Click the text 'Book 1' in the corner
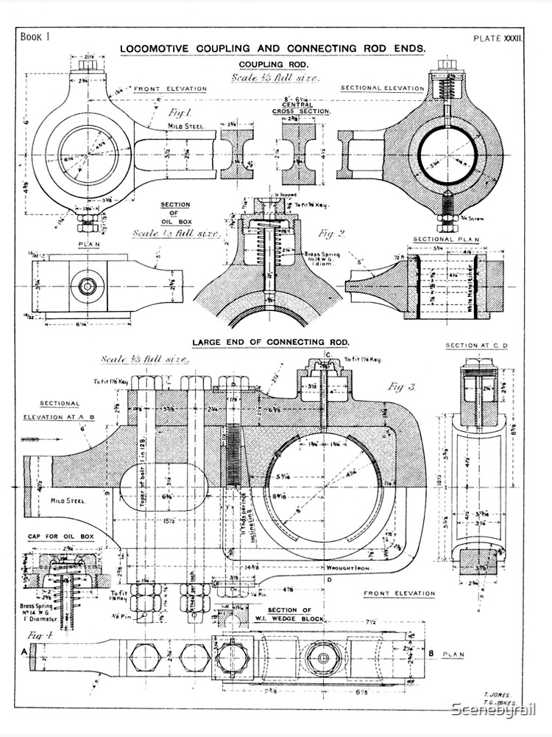tap(35, 36)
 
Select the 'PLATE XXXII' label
tap(497, 37)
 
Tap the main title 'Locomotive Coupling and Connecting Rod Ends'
tap(272, 49)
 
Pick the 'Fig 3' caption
tap(403, 386)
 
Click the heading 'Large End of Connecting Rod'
tap(270, 343)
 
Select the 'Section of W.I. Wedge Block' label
tap(292, 615)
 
